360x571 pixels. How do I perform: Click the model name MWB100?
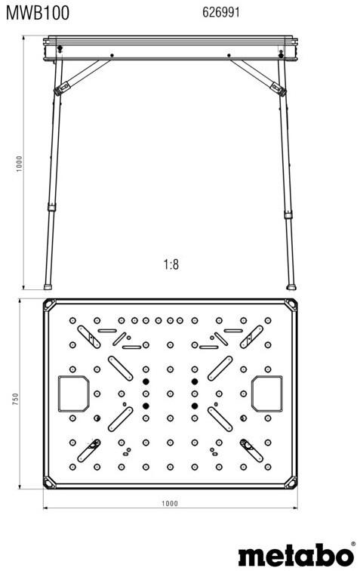tap(38, 13)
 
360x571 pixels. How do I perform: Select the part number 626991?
tap(221, 12)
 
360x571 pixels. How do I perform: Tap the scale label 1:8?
tap(171, 264)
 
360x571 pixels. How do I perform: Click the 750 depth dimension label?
tap(15, 400)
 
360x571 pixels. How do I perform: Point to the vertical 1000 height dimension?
tap(19, 164)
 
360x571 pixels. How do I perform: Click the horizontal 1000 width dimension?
tap(170, 504)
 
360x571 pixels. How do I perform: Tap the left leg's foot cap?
tap(48, 287)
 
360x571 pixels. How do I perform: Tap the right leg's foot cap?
tap(291, 287)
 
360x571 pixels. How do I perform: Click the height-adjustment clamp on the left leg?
tap(51, 208)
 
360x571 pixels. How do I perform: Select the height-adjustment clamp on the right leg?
tap(288, 215)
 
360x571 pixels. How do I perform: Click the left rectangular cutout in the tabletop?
tap(74, 394)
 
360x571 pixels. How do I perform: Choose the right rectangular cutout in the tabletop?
tap(267, 394)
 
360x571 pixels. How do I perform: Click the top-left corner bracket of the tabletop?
tap(50, 305)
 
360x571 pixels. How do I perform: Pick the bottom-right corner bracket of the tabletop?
tap(291, 482)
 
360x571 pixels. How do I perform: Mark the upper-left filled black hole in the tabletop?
tap(146, 381)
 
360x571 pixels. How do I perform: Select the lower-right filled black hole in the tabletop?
tap(195, 406)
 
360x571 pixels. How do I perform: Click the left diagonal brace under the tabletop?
tap(82, 76)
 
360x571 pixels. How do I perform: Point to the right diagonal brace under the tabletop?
tap(258, 77)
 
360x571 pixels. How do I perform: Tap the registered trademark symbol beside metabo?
tap(352, 544)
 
